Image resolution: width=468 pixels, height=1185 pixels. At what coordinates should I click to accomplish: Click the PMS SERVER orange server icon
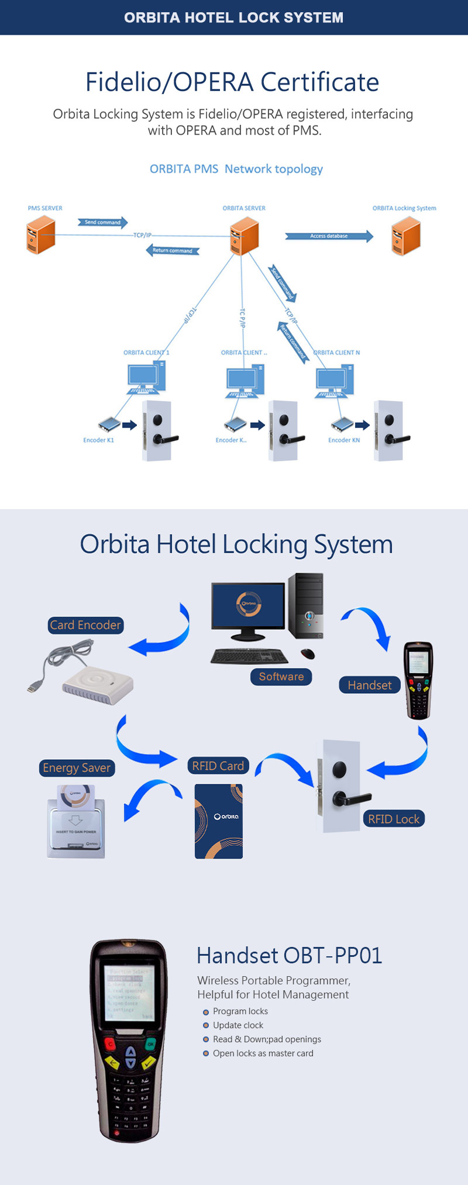41,235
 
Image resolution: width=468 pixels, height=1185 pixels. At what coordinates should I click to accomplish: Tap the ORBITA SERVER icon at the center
245,236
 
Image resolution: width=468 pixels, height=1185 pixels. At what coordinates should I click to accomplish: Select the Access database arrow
329,236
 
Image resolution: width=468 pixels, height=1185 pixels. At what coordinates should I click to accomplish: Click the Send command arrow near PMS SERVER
103,222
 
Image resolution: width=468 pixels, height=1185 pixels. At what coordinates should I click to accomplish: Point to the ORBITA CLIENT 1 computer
146,378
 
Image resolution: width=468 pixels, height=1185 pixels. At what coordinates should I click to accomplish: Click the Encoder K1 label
98,440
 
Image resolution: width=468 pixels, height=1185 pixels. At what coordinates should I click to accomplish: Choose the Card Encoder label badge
85,625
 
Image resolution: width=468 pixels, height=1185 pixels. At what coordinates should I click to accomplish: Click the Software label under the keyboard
281,677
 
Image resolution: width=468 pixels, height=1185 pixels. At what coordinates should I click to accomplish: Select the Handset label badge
370,685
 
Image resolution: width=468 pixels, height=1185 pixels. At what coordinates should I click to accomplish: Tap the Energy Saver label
77,768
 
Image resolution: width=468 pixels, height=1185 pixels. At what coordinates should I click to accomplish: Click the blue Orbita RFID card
219,821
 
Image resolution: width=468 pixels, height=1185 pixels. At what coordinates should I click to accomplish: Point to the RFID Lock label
394,819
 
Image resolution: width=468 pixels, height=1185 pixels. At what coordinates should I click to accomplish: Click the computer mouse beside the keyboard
308,653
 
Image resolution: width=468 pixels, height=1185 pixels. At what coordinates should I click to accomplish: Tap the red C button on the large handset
109,1044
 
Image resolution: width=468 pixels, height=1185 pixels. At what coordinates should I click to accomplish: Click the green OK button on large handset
150,1044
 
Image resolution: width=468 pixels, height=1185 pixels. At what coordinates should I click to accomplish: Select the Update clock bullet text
238,1025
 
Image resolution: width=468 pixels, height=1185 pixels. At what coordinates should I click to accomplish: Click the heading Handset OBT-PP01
290,956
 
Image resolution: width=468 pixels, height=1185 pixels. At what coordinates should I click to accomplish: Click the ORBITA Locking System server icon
406,236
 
